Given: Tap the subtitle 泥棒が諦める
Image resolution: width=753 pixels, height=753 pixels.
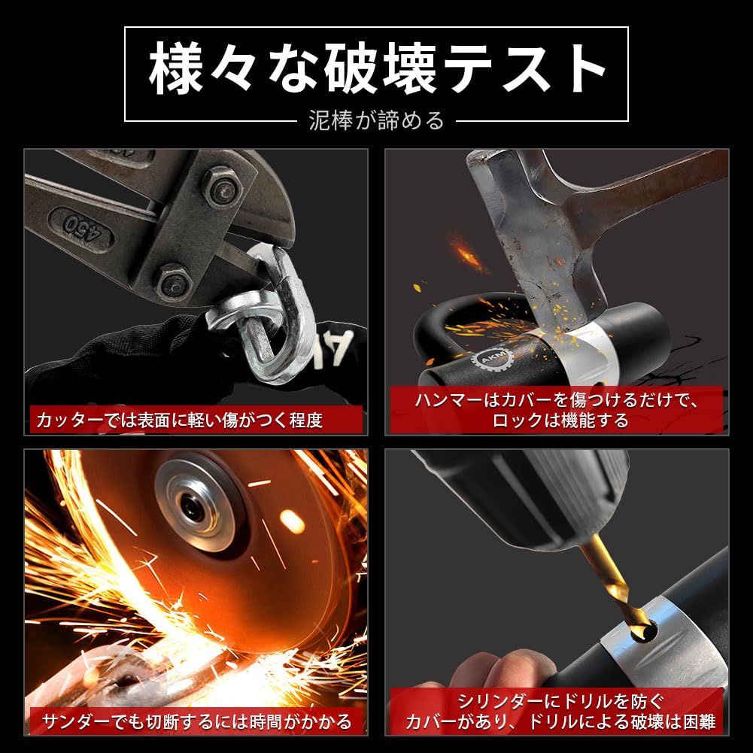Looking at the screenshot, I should coord(376,120).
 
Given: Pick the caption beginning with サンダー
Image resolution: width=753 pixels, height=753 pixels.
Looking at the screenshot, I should coord(196,722).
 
